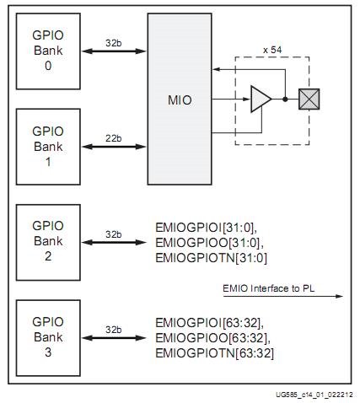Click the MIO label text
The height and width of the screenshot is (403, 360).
(x=180, y=100)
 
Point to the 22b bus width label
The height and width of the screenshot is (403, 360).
(x=114, y=138)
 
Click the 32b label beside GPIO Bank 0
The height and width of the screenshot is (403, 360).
(x=114, y=43)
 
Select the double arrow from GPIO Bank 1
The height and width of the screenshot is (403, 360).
(x=114, y=147)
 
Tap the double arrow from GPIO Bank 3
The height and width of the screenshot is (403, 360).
(x=114, y=338)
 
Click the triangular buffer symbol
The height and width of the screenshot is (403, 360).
(x=261, y=99)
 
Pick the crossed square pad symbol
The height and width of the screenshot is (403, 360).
(x=309, y=99)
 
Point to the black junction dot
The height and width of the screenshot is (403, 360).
(x=285, y=99)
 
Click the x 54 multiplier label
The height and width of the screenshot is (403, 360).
(x=272, y=51)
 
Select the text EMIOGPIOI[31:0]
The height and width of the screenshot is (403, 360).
(x=206, y=228)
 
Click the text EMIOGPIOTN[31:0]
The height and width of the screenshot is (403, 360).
(x=211, y=258)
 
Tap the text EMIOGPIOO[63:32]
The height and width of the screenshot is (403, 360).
(x=212, y=338)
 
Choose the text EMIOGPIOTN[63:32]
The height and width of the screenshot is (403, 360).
(x=214, y=353)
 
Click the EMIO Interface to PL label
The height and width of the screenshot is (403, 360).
(x=268, y=288)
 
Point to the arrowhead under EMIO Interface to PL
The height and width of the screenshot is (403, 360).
(x=340, y=296)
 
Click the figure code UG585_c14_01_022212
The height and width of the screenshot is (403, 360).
(x=314, y=395)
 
